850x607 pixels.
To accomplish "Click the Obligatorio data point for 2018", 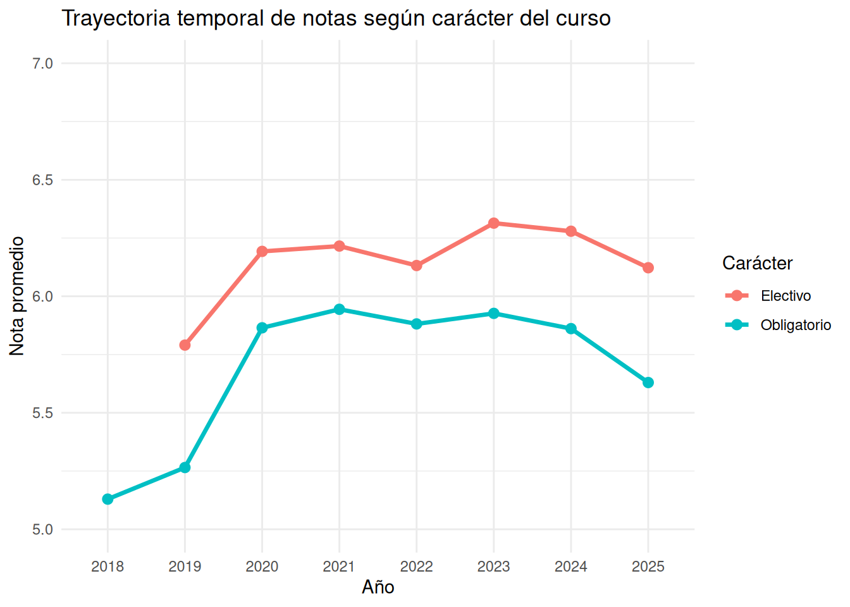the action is click(x=108, y=500).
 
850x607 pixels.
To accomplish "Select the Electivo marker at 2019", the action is click(x=185, y=345).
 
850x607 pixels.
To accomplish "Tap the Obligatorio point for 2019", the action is click(x=185, y=467).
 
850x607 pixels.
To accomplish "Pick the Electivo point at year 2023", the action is click(x=494, y=223).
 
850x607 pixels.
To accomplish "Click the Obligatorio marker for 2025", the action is click(x=648, y=383).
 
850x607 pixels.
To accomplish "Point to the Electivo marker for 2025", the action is click(x=648, y=268).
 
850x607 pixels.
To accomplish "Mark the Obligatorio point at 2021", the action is click(x=339, y=309).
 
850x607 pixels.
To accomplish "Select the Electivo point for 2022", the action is click(x=417, y=265).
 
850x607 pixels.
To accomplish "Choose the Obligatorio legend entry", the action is click(x=778, y=325).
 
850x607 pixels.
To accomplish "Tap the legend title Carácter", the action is click(x=758, y=263).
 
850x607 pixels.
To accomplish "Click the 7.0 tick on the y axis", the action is click(x=42, y=63).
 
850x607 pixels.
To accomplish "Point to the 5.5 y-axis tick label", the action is click(x=42, y=413).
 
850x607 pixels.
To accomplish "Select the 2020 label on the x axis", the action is click(x=262, y=567).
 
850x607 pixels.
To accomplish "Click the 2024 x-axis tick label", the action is click(x=571, y=567).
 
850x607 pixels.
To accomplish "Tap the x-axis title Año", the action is click(x=378, y=587).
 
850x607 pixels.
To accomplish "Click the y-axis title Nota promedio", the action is click(x=16, y=296).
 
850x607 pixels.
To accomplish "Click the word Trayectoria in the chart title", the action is click(x=116, y=18).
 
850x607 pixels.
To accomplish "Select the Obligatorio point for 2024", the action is click(x=571, y=329).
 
